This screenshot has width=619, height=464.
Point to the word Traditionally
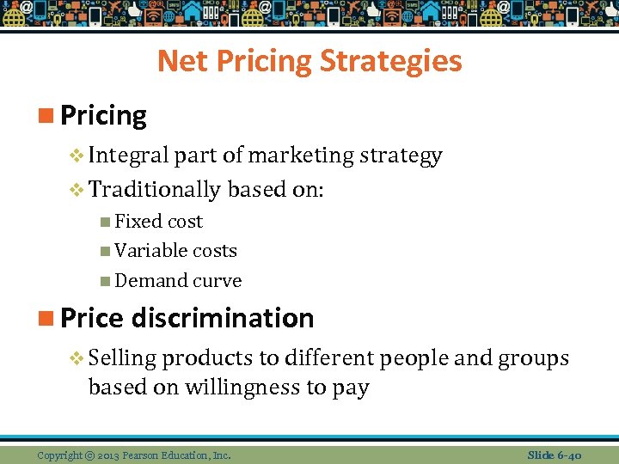click(x=155, y=188)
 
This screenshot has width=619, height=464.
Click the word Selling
click(x=121, y=357)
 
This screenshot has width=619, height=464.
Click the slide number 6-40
click(x=567, y=455)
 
